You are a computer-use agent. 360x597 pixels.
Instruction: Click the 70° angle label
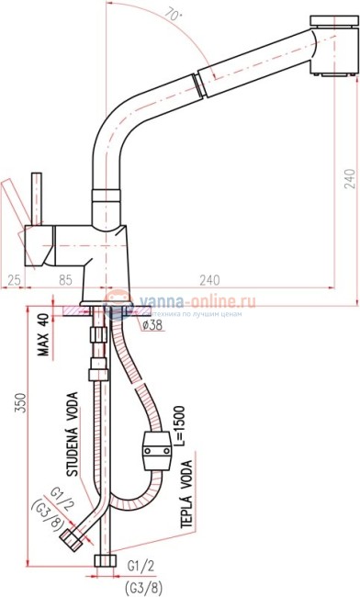click(198, 14)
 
